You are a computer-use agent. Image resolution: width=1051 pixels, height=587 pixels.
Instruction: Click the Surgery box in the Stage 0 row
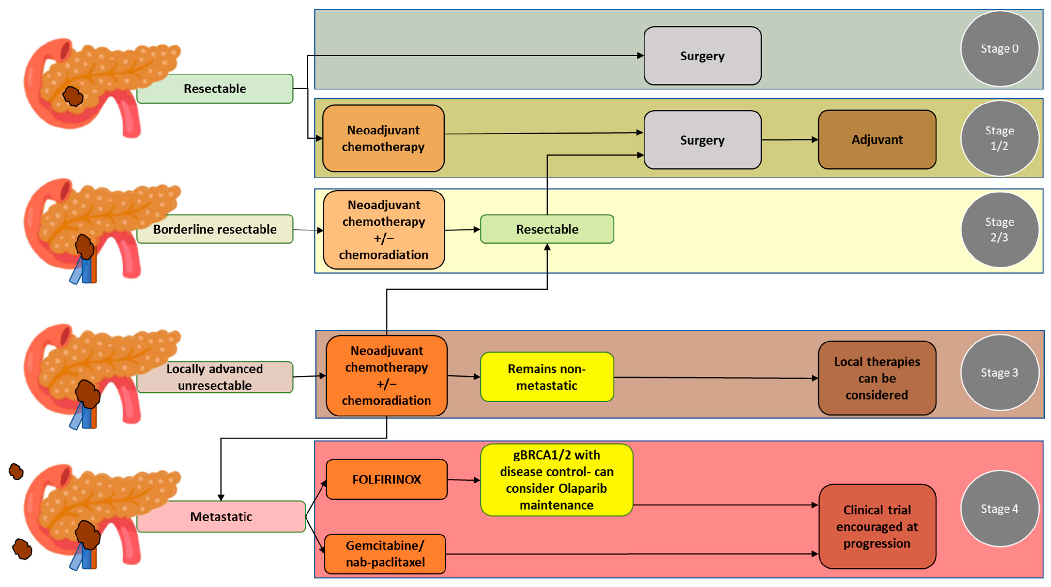pos(702,56)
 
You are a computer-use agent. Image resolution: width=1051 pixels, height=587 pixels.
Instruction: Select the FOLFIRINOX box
pos(386,479)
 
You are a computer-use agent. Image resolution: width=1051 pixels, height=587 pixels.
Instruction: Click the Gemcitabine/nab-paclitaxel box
pos(385,554)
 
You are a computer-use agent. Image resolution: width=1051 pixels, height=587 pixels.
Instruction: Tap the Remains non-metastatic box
pos(547,377)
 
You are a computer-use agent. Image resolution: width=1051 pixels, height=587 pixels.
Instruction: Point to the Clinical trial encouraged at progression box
pos(877,527)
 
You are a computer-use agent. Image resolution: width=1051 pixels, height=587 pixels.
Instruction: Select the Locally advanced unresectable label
pos(215,377)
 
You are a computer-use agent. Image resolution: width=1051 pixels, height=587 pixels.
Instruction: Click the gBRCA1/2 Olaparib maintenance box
pos(557,480)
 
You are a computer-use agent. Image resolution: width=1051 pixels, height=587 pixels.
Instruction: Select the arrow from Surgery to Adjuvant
pos(790,140)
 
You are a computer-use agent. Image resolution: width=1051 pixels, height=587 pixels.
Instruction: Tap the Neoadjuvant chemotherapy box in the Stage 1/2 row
pos(383,139)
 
